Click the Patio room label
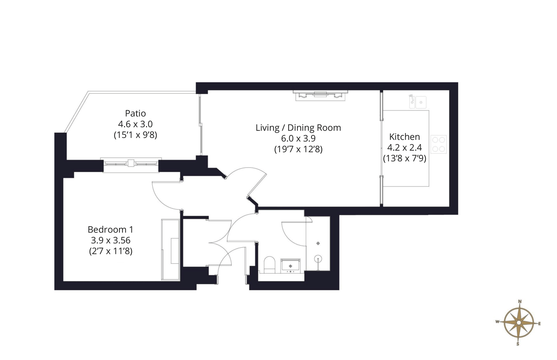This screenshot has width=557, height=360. (135, 113)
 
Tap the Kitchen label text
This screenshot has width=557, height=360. (405, 137)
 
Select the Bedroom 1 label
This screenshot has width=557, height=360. (111, 229)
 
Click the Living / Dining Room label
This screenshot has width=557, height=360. (299, 128)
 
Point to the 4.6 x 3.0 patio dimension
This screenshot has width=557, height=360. (135, 124)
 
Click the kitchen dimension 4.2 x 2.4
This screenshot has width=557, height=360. (405, 148)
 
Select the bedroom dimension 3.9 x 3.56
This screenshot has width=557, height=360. (111, 240)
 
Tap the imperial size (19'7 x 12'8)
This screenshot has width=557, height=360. (299, 149)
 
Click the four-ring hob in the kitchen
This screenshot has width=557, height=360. (439, 144)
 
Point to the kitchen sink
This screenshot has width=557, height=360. (418, 102)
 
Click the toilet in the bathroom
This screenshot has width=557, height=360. (269, 265)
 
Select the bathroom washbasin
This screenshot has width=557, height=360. (290, 266)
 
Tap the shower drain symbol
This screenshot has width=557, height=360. (318, 243)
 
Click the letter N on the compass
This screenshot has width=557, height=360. (519, 302)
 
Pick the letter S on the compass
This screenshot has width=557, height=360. (518, 344)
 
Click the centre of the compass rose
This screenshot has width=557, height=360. (519, 323)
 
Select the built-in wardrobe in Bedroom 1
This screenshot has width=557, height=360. (170, 250)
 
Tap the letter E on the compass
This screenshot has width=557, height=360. (539, 324)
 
